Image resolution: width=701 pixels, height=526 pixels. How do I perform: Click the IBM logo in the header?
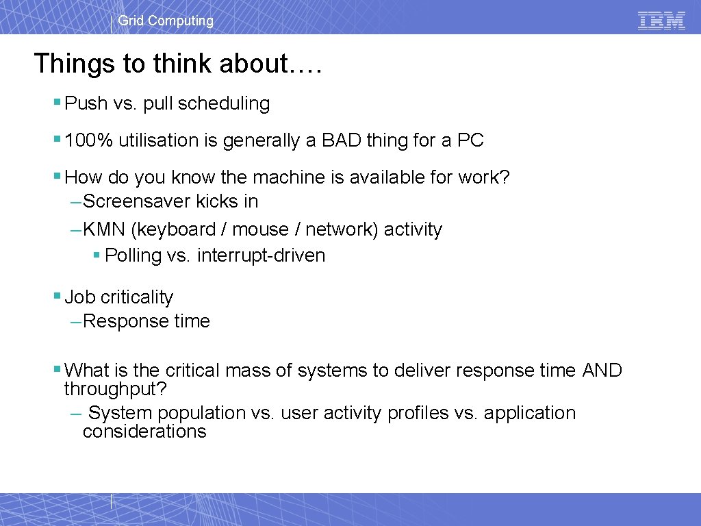pyautogui.click(x=661, y=21)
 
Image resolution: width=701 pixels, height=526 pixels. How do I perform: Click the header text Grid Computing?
pyautogui.click(x=166, y=21)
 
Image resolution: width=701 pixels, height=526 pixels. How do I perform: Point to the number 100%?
pyautogui.click(x=89, y=140)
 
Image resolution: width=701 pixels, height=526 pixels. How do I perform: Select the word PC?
pyautogui.click(x=471, y=140)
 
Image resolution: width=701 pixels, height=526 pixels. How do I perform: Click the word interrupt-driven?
pyautogui.click(x=261, y=255)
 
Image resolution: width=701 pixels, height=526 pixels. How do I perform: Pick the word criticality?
pyautogui.click(x=137, y=297)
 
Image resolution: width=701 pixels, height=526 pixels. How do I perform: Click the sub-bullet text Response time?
pyautogui.click(x=146, y=321)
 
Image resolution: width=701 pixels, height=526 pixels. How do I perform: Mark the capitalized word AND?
pyautogui.click(x=602, y=371)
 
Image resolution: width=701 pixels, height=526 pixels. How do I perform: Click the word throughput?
pyautogui.click(x=116, y=389)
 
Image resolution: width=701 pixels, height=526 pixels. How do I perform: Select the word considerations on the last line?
pyautogui.click(x=144, y=431)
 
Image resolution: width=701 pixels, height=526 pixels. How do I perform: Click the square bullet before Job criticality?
pyautogui.click(x=57, y=297)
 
